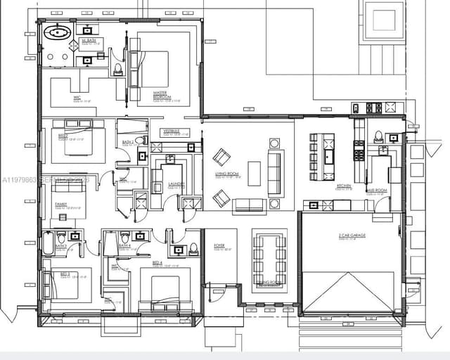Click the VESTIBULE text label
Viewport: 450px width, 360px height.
pos(172,131)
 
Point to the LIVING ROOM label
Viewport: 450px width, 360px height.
pos(227,174)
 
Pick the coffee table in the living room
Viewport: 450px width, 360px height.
pos(254,173)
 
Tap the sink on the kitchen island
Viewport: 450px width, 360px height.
pos(328,155)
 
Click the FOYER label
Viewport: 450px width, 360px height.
pos(219,246)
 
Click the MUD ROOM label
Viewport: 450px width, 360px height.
pos(376,190)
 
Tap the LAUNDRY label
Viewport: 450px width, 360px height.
pos(176,184)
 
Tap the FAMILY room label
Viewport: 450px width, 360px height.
pos(61,204)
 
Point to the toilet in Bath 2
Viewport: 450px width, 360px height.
pos(139,141)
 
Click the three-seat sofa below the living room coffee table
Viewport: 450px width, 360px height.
pos(250,205)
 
